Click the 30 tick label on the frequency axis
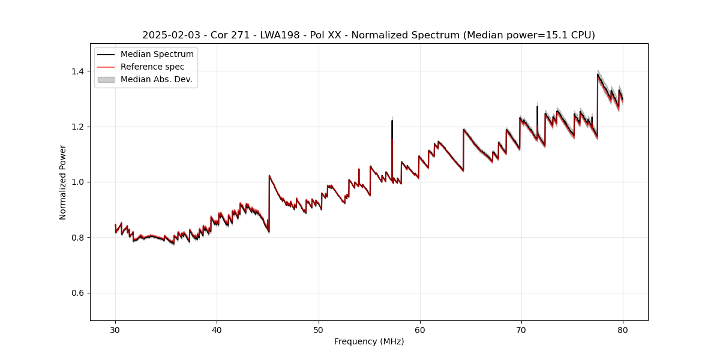pyautogui.click(x=115, y=329)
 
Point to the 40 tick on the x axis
pyautogui.click(x=217, y=329)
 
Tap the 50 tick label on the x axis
pyautogui.click(x=318, y=329)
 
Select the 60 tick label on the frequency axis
pyautogui.click(x=419, y=329)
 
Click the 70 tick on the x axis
pyautogui.click(x=521, y=329)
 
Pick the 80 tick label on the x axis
pyautogui.click(x=622, y=329)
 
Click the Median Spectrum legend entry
pyautogui.click(x=157, y=55)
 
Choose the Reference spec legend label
pyautogui.click(x=152, y=67)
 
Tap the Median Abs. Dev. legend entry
pyautogui.click(x=156, y=79)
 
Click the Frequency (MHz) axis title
pyautogui.click(x=369, y=341)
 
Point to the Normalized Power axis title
pyautogui.click(x=63, y=182)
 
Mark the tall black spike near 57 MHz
pyautogui.click(x=392, y=126)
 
